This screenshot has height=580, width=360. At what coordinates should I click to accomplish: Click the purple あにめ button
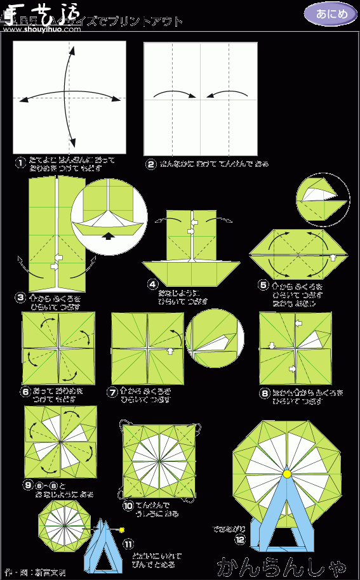[330, 14]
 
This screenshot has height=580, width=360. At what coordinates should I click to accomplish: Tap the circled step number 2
[151, 164]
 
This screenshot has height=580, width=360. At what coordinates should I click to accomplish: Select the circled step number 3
[21, 297]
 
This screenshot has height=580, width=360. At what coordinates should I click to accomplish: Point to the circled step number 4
[152, 284]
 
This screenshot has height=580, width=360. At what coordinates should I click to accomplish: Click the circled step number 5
[263, 286]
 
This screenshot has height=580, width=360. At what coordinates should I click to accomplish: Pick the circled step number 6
[25, 392]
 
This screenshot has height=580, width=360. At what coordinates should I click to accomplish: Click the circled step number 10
[128, 506]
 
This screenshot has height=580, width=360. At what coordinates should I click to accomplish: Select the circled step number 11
[128, 544]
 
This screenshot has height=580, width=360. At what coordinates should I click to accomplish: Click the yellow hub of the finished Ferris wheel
[287, 473]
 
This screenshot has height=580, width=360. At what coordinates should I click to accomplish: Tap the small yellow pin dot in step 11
[122, 529]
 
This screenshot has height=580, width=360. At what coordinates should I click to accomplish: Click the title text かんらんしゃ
[283, 565]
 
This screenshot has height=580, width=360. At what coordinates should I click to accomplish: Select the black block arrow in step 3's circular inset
[109, 235]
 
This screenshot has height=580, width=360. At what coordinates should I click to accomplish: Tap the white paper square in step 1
[69, 98]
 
